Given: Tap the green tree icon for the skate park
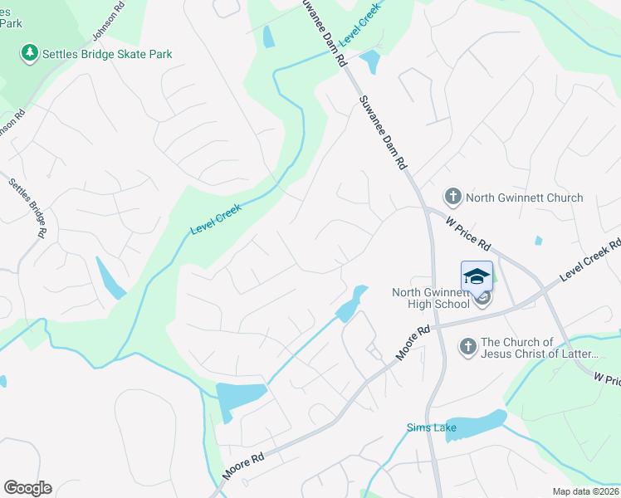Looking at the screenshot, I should tap(30, 54).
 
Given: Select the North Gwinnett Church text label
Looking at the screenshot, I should tap(524, 198).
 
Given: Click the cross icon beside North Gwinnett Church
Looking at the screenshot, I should tap(452, 198).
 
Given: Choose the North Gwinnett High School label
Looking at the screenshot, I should tap(432, 297).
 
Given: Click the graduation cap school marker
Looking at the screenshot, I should tap(477, 276).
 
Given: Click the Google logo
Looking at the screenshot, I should tap(27, 488).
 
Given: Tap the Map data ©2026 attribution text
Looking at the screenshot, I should tap(584, 491).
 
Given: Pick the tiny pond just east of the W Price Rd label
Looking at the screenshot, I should tap(539, 241).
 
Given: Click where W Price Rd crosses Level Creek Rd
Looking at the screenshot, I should tap(544, 290).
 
